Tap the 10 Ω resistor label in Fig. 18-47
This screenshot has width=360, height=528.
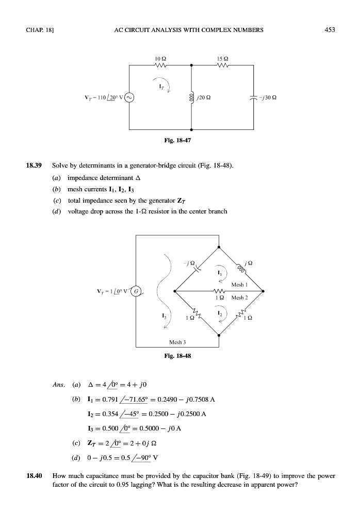pyautogui.click(x=160, y=59)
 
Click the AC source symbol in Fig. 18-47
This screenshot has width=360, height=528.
pyautogui.click(x=129, y=97)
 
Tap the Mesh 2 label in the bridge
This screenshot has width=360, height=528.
pyautogui.click(x=240, y=298)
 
